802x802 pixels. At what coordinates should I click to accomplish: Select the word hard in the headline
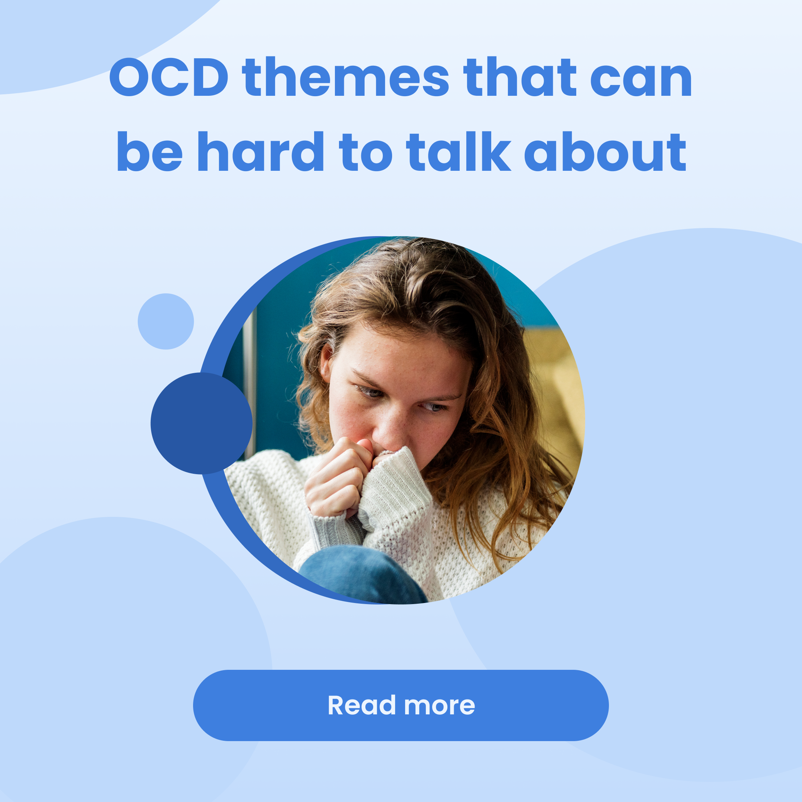261,151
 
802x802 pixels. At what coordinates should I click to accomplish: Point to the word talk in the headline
458,151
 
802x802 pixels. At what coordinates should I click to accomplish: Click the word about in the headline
605,152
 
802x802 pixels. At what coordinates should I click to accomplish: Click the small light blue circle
166,321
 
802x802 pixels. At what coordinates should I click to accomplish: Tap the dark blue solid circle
201,423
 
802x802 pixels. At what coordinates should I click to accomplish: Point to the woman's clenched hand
338,477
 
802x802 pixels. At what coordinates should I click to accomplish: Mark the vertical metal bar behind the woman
250,382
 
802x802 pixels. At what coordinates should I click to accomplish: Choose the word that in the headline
520,77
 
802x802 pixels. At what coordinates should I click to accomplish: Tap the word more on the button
440,706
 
